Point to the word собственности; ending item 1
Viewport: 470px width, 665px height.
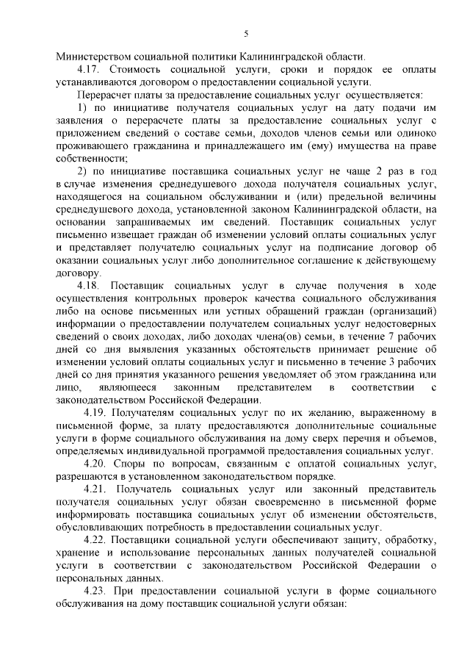point(93,158)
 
